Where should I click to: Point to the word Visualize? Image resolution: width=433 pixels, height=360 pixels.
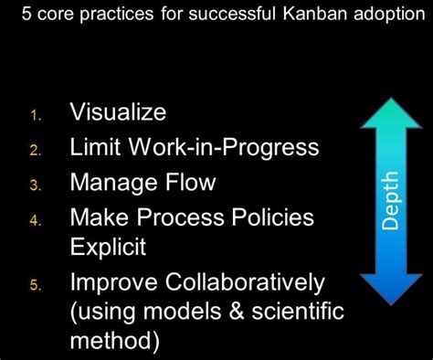[118, 112]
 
